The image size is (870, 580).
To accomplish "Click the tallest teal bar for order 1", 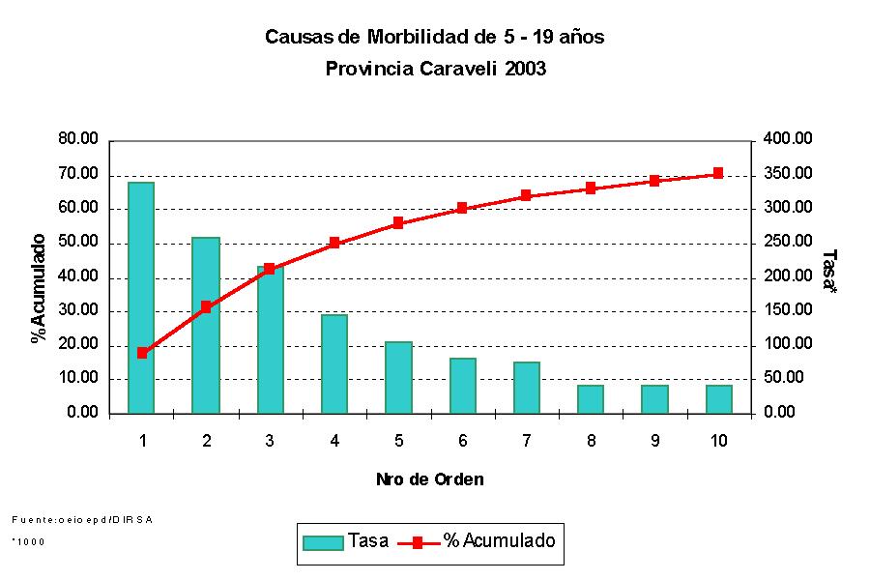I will click(x=141, y=298).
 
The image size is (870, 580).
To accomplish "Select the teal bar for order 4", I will click(x=334, y=363).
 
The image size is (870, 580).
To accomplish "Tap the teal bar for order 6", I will click(x=463, y=386).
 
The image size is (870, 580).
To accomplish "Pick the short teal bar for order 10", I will click(x=719, y=399).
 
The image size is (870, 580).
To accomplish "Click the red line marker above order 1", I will click(x=142, y=353).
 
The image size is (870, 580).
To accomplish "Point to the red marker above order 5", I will click(x=398, y=223).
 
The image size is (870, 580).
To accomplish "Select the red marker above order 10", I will click(x=718, y=174).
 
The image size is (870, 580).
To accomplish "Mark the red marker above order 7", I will click(x=526, y=195).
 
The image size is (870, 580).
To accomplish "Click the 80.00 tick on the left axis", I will click(x=78, y=139).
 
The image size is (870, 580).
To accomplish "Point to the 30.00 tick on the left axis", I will click(x=78, y=311).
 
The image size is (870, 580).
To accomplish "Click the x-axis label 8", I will click(x=591, y=441).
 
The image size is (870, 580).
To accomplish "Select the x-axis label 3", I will click(x=271, y=441).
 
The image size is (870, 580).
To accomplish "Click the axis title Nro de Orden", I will click(x=430, y=479).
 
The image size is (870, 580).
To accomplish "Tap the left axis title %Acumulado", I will click(x=39, y=288).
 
